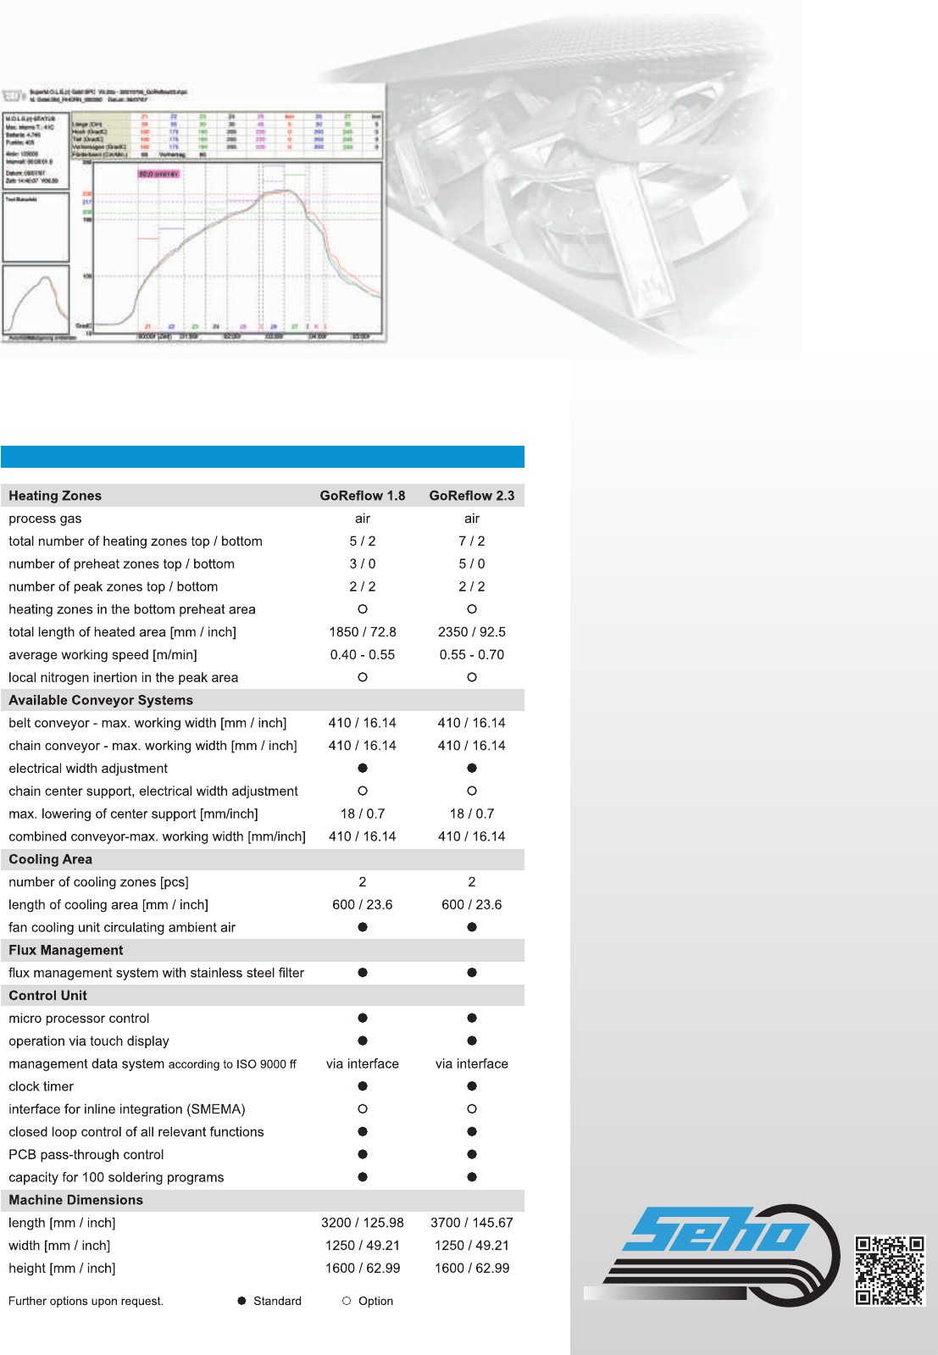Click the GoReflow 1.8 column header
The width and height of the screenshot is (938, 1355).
pyautogui.click(x=362, y=496)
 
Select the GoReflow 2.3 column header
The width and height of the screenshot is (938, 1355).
pyautogui.click(x=471, y=496)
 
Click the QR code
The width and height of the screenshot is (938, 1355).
pyautogui.click(x=889, y=1270)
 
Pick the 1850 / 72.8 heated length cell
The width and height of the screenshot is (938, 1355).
pyautogui.click(x=362, y=632)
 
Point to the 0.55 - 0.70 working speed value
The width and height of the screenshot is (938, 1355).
pyautogui.click(x=471, y=655)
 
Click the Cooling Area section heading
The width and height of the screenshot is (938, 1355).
pyautogui.click(x=51, y=859)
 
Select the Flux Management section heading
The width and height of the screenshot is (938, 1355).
pyautogui.click(x=66, y=950)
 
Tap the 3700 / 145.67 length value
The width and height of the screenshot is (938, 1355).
pyautogui.click(x=471, y=1223)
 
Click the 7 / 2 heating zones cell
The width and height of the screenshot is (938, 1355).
pyautogui.click(x=471, y=541)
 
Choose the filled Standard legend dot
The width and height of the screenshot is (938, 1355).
pyautogui.click(x=241, y=1301)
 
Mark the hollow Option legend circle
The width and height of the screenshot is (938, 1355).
pyautogui.click(x=347, y=1301)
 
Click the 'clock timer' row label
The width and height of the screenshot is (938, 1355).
pyautogui.click(x=42, y=1086)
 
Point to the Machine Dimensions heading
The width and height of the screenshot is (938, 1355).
pyautogui.click(x=76, y=1200)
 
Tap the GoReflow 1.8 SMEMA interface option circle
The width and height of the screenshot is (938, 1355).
pyautogui.click(x=363, y=1109)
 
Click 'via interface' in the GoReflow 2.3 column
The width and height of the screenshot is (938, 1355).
pyautogui.click(x=471, y=1063)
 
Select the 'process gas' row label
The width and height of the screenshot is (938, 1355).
pyautogui.click(x=46, y=519)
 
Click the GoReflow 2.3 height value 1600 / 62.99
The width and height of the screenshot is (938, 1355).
pyautogui.click(x=471, y=1269)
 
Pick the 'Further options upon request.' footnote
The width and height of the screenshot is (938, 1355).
pyautogui.click(x=86, y=1301)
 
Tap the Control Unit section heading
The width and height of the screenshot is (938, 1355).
pyautogui.click(x=48, y=996)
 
